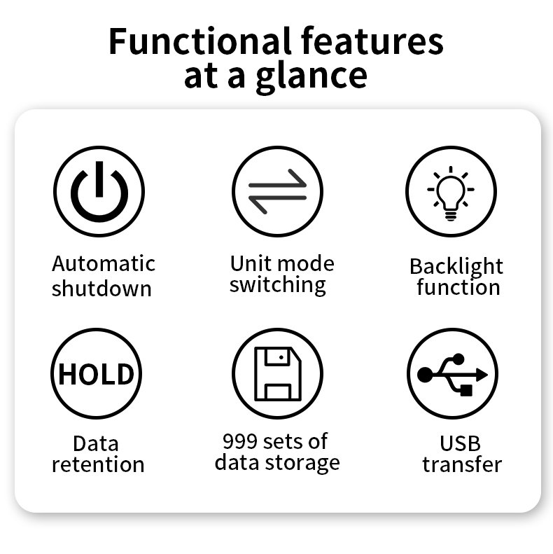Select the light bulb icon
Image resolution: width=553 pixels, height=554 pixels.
pos(451,193)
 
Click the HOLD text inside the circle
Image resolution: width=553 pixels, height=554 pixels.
pos(96,374)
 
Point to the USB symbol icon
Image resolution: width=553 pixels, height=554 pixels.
pos(452,374)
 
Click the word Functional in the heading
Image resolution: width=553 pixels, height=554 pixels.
pos(200,41)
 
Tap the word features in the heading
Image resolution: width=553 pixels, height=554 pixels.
pos(372,41)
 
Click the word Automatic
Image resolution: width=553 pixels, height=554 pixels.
pos(104,263)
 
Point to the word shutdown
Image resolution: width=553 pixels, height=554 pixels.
pos(101,288)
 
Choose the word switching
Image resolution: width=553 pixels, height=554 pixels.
pos(278,286)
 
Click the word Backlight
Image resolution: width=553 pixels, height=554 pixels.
pos(456,267)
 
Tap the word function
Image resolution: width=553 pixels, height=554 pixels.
pos(458,287)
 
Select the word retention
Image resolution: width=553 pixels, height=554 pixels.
pos(98,464)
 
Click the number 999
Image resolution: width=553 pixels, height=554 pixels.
pos(240,441)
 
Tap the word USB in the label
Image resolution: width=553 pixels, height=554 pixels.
pos(460,443)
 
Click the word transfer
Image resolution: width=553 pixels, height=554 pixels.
pos(462,464)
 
